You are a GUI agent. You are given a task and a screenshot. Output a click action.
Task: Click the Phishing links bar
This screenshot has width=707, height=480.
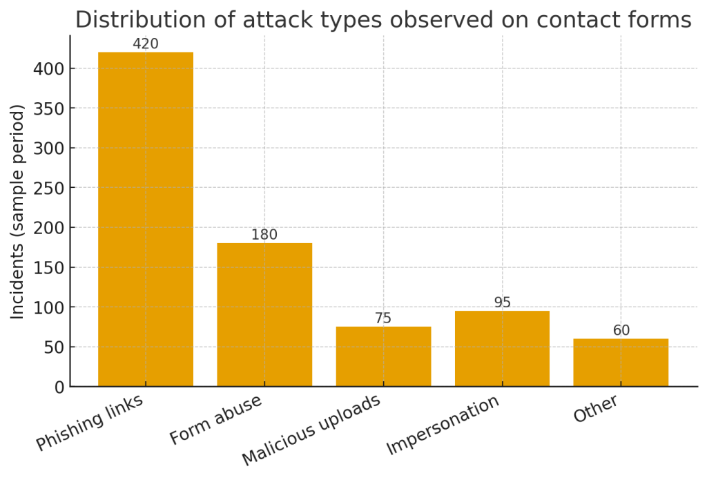pos(146,219)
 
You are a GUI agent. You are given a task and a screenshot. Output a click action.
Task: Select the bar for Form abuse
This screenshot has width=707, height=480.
pos(264,314)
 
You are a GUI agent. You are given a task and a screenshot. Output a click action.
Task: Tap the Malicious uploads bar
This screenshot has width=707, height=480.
pos(383,356)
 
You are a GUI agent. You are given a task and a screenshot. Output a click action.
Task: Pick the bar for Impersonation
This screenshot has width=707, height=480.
pos(502,348)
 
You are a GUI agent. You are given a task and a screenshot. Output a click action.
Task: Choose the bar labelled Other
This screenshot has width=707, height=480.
pos(621,362)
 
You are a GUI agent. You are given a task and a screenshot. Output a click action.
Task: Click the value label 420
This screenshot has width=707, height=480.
pos(146,44)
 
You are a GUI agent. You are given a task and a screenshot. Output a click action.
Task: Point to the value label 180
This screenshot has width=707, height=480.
pos(264,235)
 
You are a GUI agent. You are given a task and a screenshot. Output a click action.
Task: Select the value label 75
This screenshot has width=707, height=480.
pos(383,318)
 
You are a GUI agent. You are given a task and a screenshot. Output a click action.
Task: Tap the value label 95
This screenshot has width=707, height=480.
pos(502,303)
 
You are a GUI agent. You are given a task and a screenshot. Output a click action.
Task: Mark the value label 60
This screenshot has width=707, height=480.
pos(621,331)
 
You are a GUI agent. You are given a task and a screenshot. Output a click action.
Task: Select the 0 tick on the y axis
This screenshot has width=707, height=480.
pos(58,387)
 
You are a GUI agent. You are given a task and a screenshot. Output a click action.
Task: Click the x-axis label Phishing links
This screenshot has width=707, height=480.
pos(90,422)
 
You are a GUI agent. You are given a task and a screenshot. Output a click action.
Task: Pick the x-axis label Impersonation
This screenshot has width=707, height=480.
pos(443,425)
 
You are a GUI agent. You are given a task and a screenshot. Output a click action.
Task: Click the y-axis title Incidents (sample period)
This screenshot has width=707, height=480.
pos(18,211)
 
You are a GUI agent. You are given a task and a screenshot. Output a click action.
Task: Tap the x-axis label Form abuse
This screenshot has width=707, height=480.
pos(215,419)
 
